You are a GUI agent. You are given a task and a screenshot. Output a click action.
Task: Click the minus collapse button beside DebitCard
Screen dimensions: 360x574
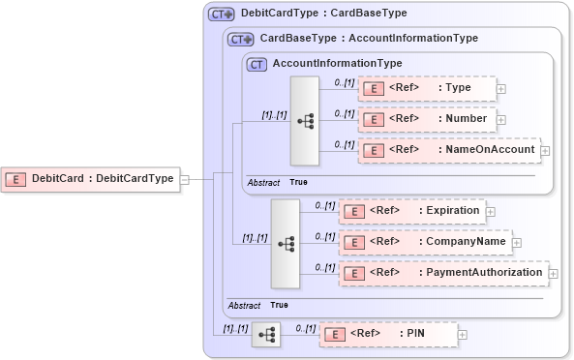184,178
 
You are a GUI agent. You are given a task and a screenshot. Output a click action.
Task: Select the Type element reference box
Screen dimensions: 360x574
426,88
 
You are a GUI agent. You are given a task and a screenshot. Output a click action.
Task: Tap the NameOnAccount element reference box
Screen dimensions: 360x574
448,150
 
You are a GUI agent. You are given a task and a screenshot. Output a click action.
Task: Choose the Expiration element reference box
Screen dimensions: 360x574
410,210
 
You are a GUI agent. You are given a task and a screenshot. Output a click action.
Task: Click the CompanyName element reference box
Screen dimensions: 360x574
423,241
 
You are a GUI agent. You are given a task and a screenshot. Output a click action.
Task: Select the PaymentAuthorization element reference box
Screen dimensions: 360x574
442,273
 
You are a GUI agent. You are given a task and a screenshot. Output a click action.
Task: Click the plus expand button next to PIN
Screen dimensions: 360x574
462,334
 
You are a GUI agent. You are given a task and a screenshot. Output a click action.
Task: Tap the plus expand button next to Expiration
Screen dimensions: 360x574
490,210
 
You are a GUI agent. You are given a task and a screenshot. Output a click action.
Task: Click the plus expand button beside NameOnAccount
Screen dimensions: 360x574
545,150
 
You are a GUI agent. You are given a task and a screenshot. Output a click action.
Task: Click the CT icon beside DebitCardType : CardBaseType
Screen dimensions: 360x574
222,15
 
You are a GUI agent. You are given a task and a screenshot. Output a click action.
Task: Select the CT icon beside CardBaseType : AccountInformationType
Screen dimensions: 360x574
240,40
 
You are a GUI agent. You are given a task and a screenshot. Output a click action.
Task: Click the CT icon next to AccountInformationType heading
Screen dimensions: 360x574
257,64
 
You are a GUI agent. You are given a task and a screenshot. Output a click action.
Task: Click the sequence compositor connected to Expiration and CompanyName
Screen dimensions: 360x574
286,243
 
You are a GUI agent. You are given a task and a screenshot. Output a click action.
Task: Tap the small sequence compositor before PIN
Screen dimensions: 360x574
265,335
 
